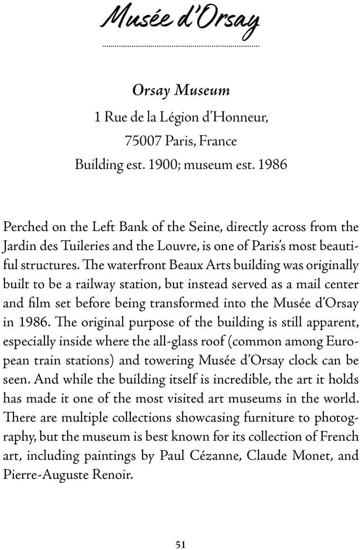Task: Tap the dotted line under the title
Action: click(180, 46)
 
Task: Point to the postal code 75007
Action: click(143, 141)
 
